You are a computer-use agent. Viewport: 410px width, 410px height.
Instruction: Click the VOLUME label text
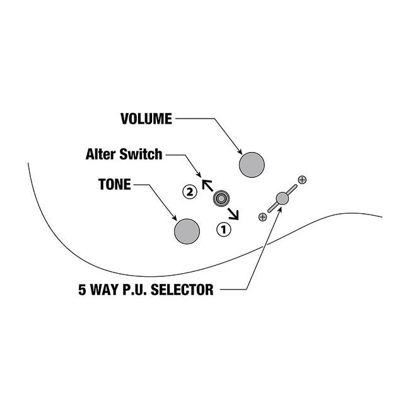pyautogui.click(x=146, y=119)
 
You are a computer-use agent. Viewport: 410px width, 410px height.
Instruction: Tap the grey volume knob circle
pyautogui.click(x=252, y=165)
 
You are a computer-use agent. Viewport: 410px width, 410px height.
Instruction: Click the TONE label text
pyautogui.click(x=114, y=185)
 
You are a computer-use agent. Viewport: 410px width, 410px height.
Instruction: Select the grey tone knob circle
pyautogui.click(x=187, y=231)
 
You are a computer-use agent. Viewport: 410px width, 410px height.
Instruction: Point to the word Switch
pyautogui.click(x=145, y=154)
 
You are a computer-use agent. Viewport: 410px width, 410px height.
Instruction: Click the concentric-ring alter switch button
pyautogui.click(x=221, y=199)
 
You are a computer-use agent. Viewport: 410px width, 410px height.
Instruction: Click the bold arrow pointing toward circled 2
pyautogui.click(x=206, y=184)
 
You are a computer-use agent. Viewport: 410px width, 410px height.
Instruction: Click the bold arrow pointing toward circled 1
pyautogui.click(x=234, y=213)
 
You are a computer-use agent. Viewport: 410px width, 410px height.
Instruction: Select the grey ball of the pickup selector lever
pyautogui.click(x=282, y=198)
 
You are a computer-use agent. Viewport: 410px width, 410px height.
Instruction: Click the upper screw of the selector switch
pyautogui.click(x=302, y=180)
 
